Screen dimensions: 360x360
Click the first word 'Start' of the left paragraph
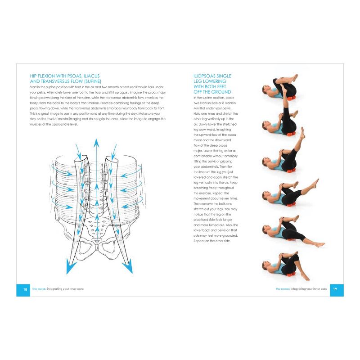(34, 86)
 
